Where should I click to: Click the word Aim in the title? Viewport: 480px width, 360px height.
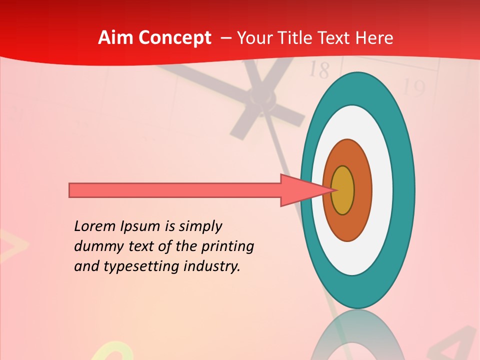[116, 38]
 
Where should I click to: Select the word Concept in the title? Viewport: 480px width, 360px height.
[175, 38]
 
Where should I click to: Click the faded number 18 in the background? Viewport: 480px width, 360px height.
[318, 70]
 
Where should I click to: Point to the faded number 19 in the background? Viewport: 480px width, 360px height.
[413, 88]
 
